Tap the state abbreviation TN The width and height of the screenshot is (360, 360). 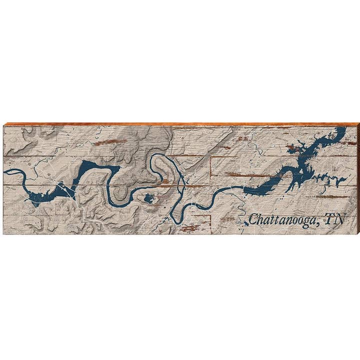(x=334, y=219)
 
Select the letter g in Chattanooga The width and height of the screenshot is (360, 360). (x=308, y=220)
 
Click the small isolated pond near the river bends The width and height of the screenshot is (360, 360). (x=148, y=199)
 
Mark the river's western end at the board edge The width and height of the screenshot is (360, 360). (x=5, y=171)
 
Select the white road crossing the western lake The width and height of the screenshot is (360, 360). (x=66, y=190)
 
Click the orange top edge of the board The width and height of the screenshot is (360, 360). (x=180, y=123)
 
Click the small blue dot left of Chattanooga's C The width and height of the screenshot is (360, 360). (x=245, y=223)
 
